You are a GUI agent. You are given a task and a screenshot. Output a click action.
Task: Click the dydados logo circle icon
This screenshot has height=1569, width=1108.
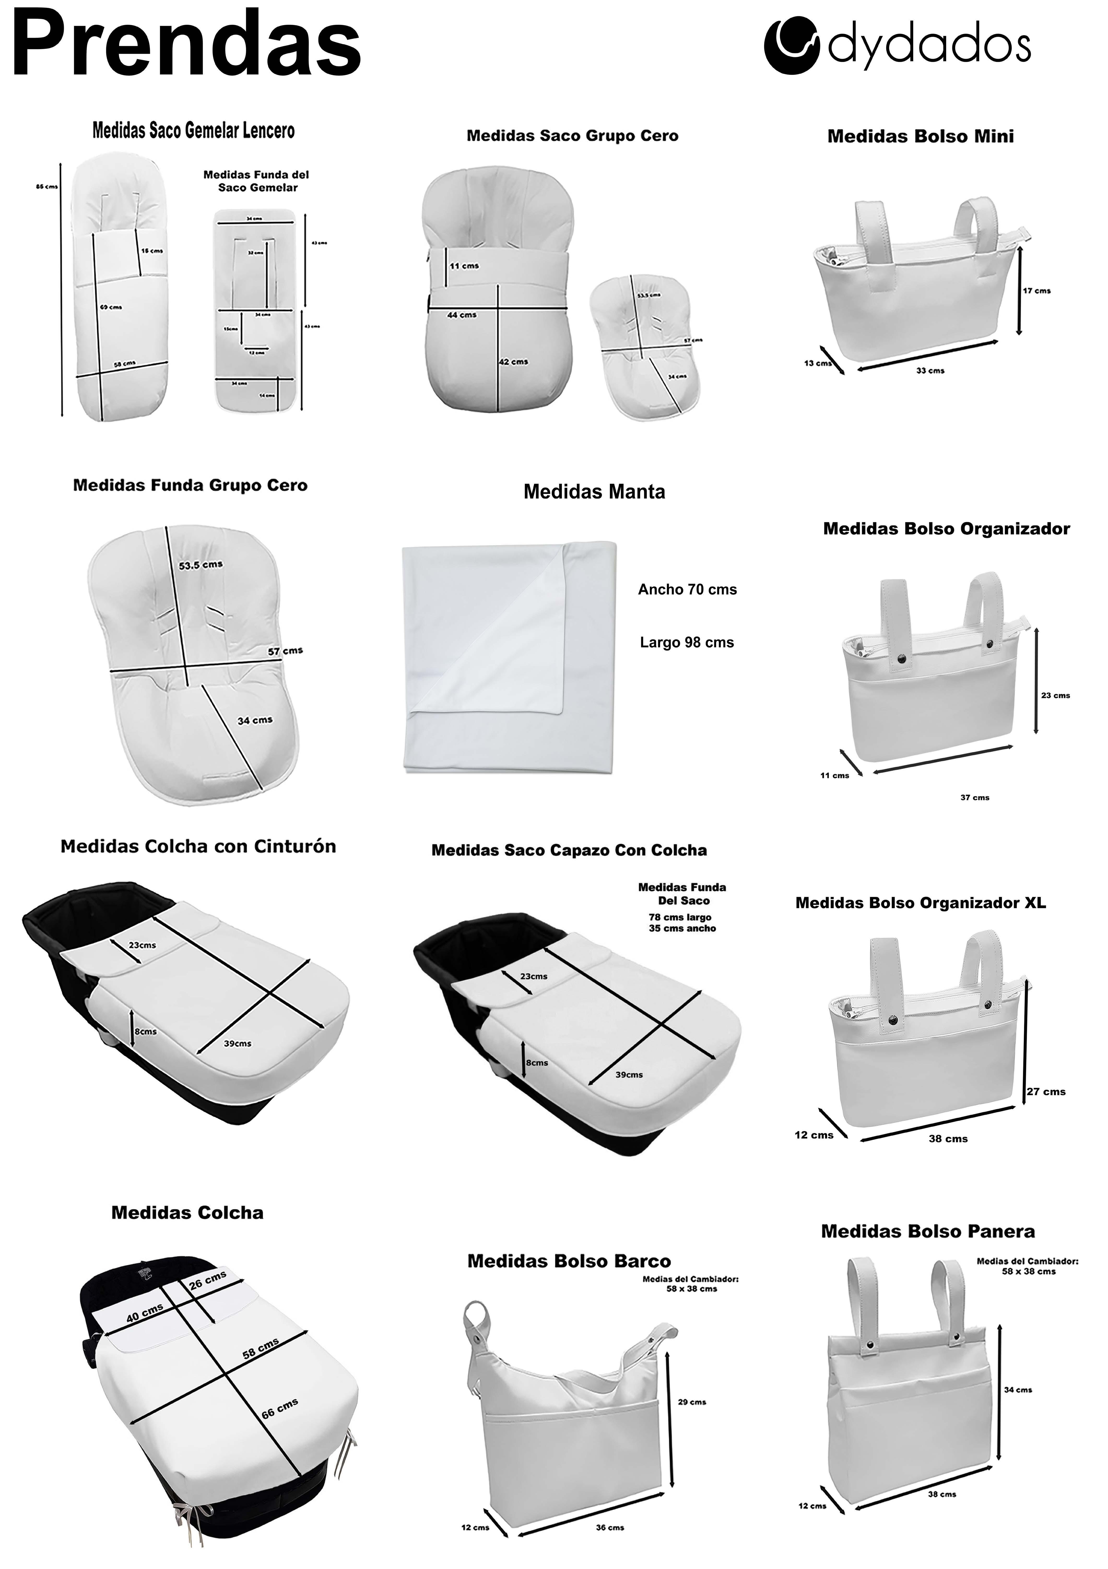pos(792,46)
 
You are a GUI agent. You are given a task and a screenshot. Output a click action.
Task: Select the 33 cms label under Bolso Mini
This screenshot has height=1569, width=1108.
pos(930,370)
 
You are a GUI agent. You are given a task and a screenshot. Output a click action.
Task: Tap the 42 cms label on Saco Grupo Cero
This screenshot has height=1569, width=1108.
pos(513,362)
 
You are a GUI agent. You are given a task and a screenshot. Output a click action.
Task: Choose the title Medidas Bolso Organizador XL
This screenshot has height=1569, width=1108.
pos(920,903)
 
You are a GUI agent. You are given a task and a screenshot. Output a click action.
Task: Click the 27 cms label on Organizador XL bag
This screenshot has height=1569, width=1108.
pos(1046,1091)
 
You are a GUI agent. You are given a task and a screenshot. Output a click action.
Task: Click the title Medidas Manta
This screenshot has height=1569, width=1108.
pos(594,492)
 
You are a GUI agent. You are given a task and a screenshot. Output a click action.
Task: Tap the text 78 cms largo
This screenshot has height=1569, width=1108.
pos(680,917)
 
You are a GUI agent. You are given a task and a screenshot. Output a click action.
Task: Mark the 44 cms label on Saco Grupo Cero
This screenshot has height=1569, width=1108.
pos(462,315)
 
